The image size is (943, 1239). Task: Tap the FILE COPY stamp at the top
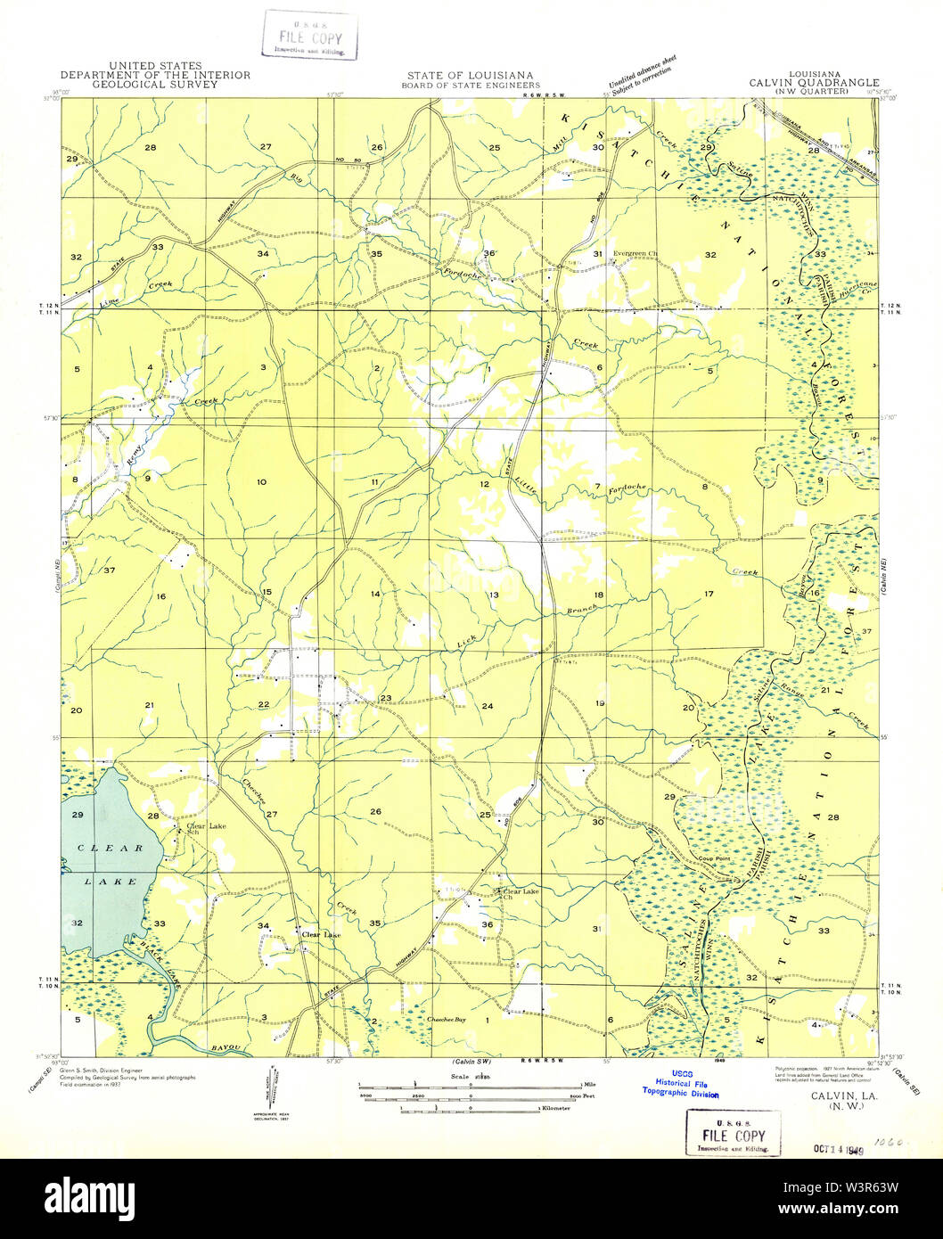pyautogui.click(x=309, y=36)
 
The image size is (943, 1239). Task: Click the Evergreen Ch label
pyautogui.click(x=636, y=254)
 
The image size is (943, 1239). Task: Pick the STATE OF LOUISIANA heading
pyautogui.click(x=470, y=76)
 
